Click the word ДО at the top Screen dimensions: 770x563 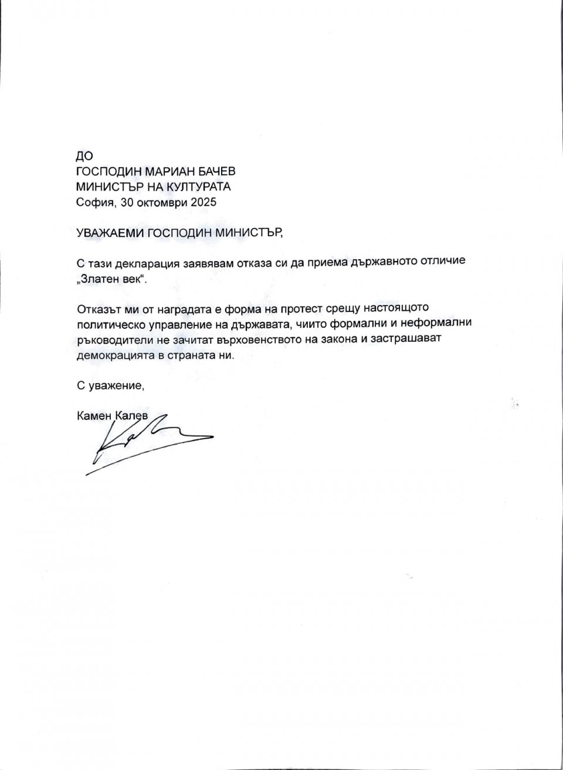[85, 155]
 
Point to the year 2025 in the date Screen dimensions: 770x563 [203, 203]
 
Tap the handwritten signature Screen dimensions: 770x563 [147, 443]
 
